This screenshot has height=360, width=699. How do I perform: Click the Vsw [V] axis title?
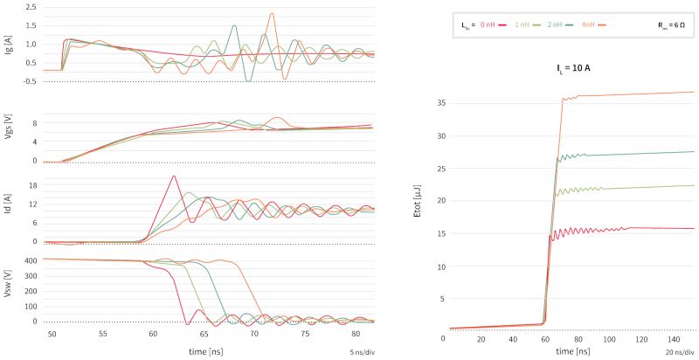7,290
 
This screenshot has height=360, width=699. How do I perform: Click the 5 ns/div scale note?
361,352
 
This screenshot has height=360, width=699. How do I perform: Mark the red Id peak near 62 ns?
174,177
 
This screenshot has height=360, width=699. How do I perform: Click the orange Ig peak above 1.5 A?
272,14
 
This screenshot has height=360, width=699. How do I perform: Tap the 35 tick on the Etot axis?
440,103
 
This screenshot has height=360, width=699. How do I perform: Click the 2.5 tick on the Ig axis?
31,6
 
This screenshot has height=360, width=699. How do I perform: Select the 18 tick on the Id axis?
31,185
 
